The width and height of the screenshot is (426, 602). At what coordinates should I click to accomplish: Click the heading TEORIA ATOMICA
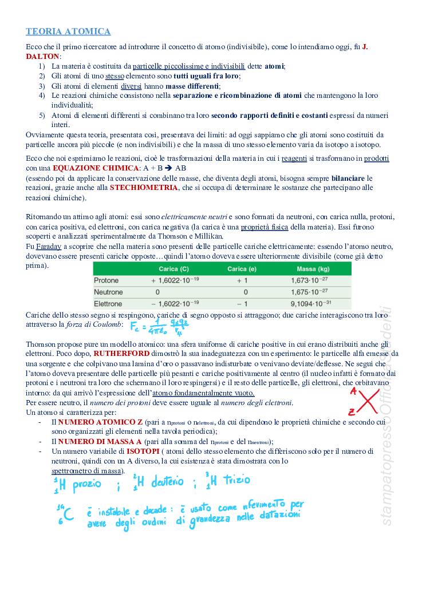[68, 31]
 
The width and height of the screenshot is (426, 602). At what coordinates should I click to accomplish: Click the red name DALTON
[43, 57]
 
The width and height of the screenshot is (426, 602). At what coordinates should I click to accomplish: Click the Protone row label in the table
[107, 281]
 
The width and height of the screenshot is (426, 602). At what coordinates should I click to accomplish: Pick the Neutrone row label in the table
[108, 292]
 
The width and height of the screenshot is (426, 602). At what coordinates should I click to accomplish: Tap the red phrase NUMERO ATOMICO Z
[101, 422]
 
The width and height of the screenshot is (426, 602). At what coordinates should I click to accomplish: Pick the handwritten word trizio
[235, 481]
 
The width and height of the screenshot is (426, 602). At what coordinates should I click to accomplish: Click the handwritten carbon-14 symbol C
[68, 516]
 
